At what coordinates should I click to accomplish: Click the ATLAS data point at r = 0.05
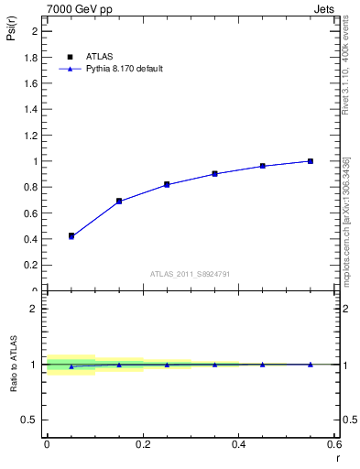(x=71, y=235)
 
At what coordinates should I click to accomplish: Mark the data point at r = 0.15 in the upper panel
(x=119, y=201)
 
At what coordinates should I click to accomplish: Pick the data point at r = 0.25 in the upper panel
(x=167, y=184)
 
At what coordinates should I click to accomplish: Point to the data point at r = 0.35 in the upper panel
(x=214, y=173)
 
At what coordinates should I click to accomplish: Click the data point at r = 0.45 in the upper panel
(x=263, y=166)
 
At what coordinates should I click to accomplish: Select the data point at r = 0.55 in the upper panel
(x=311, y=161)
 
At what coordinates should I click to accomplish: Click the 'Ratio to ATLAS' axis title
(x=14, y=364)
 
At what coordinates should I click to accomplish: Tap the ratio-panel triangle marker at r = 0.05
(x=71, y=366)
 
